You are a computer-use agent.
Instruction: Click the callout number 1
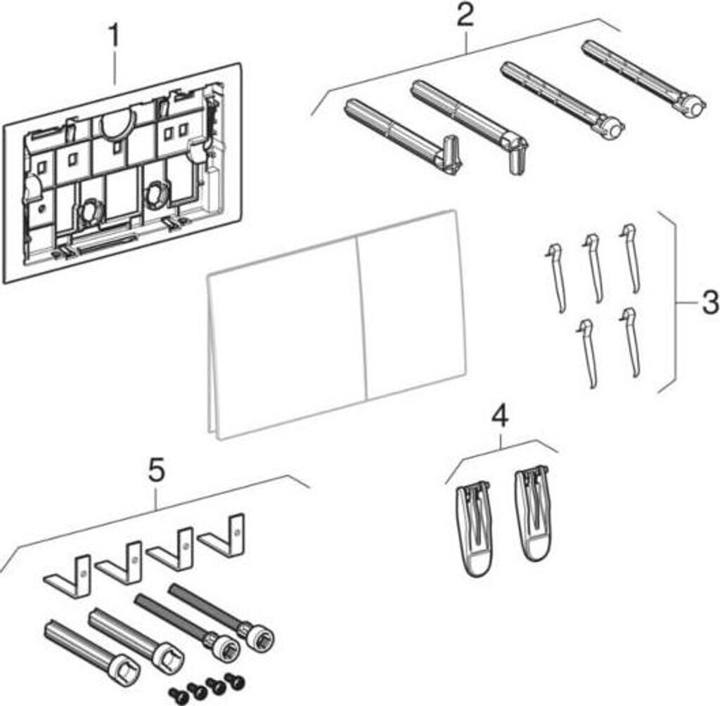(x=115, y=33)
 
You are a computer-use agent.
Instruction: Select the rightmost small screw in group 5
(x=230, y=679)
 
